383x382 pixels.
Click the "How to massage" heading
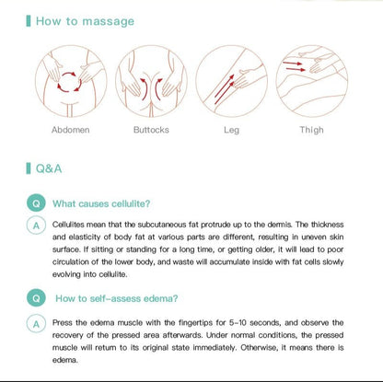[x=85, y=21]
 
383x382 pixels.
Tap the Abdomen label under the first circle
[x=71, y=130]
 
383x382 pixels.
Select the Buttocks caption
[x=151, y=130]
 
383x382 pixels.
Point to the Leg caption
[x=231, y=130]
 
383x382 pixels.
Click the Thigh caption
[x=311, y=130]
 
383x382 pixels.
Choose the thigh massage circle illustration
[x=312, y=81]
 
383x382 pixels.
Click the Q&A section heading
[x=49, y=168]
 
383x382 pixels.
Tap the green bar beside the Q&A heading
[x=29, y=168]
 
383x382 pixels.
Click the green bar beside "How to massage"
[x=29, y=21]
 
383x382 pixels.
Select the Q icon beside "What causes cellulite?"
[x=36, y=203]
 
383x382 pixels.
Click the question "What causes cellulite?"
[x=101, y=203]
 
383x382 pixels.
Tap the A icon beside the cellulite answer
[x=36, y=226]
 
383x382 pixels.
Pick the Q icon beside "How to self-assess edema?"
[x=36, y=298]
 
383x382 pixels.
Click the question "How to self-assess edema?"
[x=117, y=298]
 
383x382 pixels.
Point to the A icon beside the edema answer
[x=36, y=324]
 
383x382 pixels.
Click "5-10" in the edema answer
[x=238, y=323]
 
